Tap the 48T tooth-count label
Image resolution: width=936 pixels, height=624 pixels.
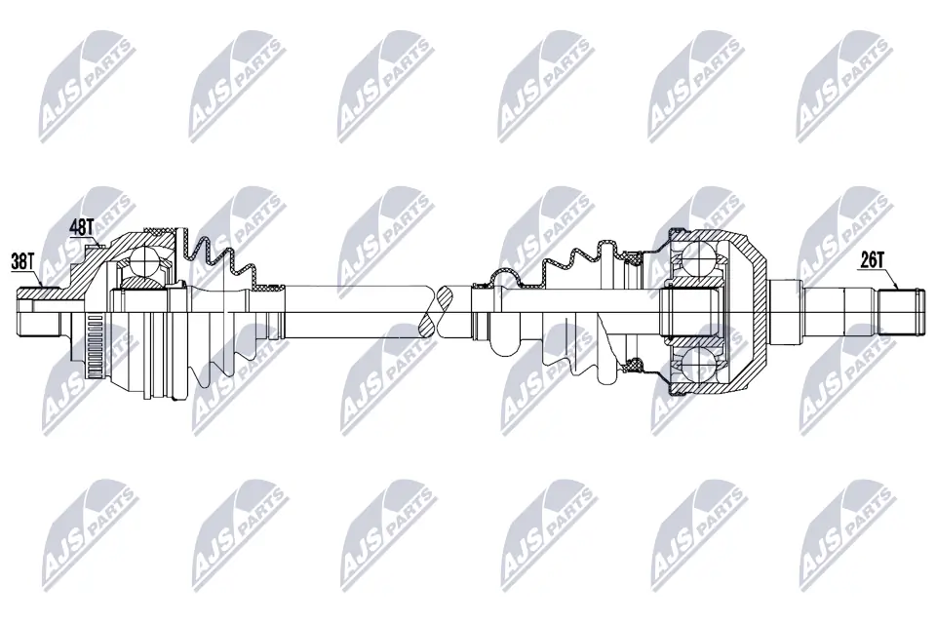point(82,227)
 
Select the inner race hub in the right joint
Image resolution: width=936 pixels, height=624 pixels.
point(692,312)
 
